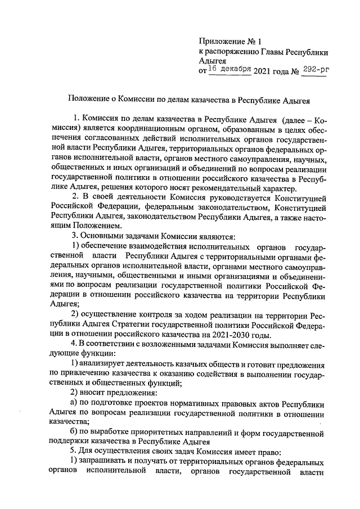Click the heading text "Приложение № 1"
click(x=230, y=41)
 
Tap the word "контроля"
click(x=147, y=313)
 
